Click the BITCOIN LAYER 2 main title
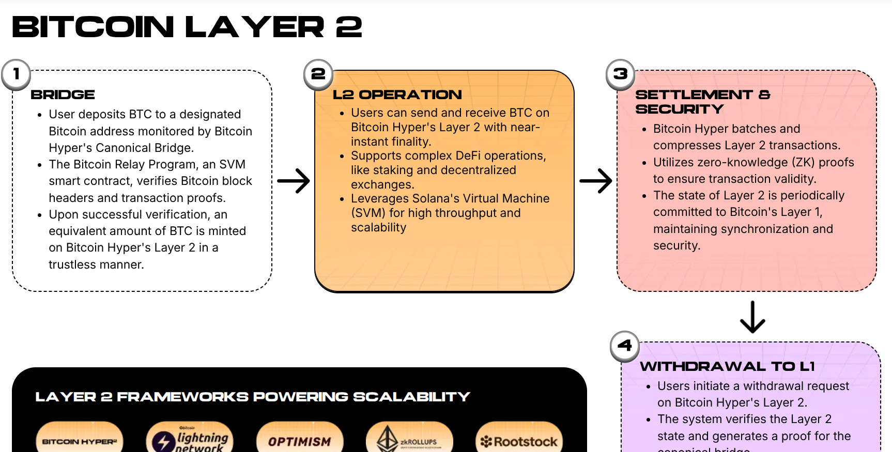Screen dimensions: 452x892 [187, 27]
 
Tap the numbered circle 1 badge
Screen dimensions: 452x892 [16, 74]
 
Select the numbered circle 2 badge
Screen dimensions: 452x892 [318, 74]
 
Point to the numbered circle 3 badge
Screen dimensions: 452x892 [621, 74]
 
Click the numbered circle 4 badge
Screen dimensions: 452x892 [625, 346]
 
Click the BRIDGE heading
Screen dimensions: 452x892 [63, 95]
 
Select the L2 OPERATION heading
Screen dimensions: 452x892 [397, 95]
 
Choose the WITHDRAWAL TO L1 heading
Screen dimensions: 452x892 [727, 366]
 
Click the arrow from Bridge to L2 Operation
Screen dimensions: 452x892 [294, 181]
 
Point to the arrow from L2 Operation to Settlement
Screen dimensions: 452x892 [596, 181]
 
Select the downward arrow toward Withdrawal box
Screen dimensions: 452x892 [752, 317]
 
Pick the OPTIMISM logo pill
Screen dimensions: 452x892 [300, 441]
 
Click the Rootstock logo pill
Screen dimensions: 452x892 [519, 441]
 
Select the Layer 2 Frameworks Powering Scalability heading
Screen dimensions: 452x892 [253, 397]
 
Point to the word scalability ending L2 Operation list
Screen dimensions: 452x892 [379, 227]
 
